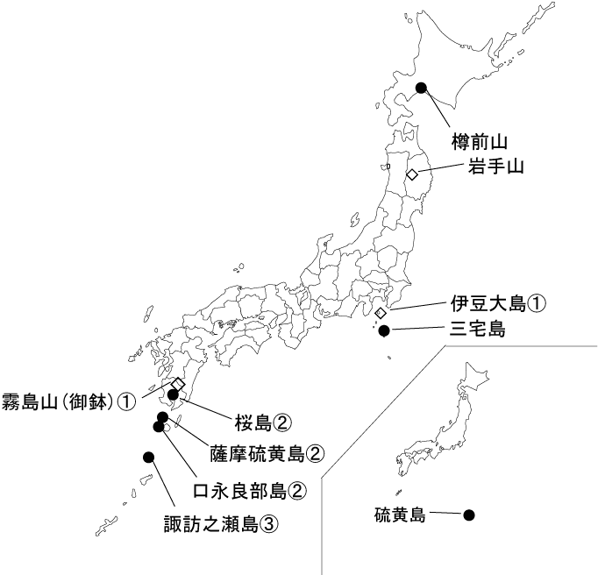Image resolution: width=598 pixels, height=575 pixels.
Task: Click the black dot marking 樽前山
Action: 421,87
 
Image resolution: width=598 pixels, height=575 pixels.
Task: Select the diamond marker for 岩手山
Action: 412,174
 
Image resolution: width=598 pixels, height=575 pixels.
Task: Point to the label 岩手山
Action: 495,167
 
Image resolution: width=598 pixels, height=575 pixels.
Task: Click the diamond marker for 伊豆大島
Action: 381,313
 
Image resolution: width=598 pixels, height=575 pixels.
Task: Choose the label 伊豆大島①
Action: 498,304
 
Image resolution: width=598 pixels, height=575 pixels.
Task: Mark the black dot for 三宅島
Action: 383,330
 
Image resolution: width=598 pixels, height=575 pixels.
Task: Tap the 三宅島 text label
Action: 477,330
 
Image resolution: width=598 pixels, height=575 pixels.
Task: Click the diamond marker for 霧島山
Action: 178,384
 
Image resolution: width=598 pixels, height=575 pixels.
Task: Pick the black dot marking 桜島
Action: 174,395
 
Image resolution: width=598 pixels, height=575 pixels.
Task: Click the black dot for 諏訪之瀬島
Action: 148,457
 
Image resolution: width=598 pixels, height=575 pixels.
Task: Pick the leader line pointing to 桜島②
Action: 207,408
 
